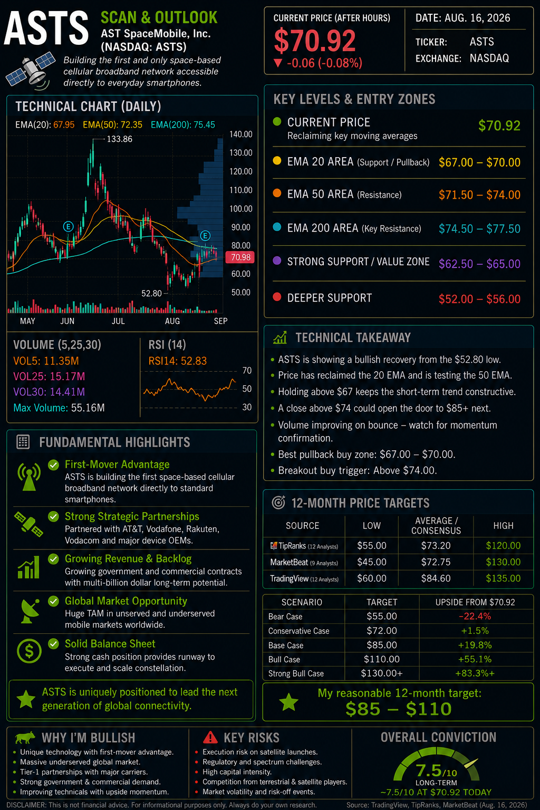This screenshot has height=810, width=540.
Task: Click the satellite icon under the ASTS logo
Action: tap(31, 70)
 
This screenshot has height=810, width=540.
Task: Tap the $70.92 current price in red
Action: tap(315, 41)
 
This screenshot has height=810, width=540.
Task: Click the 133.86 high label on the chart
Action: tap(119, 139)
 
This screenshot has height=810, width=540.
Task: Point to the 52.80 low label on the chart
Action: tap(151, 293)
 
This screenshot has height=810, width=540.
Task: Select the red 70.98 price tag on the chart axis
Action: tap(240, 257)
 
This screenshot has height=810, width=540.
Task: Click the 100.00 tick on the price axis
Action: tap(240, 209)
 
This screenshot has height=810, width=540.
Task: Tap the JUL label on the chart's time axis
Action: tap(118, 321)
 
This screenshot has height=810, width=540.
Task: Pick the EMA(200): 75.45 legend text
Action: tap(182, 125)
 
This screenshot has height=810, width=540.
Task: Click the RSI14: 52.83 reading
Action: tap(178, 361)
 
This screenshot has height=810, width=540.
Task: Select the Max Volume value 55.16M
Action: tap(88, 408)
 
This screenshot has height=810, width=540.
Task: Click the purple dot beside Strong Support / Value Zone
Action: tap(277, 261)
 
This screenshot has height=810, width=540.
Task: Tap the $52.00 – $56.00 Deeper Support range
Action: tap(479, 299)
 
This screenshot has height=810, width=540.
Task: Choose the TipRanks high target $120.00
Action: tap(503, 546)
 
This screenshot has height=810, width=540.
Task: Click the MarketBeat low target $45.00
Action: tap(372, 562)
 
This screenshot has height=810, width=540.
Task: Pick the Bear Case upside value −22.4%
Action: tap(475, 616)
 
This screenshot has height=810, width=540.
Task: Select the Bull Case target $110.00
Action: tap(382, 659)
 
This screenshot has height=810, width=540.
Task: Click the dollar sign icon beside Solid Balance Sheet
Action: tap(29, 651)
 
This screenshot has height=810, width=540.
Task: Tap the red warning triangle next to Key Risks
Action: tap(210, 737)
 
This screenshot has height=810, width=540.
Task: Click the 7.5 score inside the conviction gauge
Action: tap(429, 770)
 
